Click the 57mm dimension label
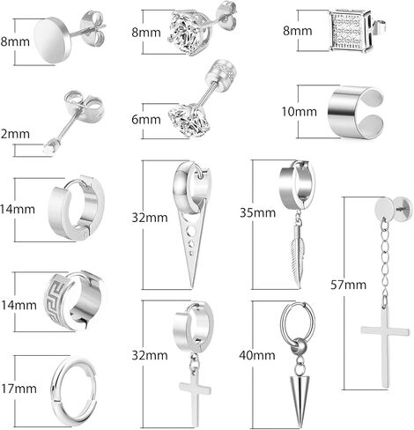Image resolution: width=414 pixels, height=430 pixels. pos(349,285)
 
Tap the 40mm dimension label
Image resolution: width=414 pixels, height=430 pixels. pos(257,355)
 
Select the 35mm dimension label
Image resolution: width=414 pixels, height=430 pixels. pos(258,212)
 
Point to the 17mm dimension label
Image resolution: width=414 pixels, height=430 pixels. pos(18,389)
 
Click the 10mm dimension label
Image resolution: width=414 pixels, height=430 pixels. pos(299,112)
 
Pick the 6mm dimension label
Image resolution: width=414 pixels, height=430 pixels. pos(146,120)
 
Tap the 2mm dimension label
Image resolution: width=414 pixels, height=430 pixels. pos(15,134)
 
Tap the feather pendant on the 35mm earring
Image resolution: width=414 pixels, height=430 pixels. pos(295,258)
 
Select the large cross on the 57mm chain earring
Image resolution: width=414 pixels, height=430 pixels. pos(385,346)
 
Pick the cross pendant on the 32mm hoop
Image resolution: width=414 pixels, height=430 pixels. pos(195,399)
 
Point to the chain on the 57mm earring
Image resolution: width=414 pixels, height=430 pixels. pos(384,262)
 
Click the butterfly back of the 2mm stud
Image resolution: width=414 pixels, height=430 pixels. pos(85,104)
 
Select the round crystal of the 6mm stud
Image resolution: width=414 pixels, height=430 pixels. pos(189,121)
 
